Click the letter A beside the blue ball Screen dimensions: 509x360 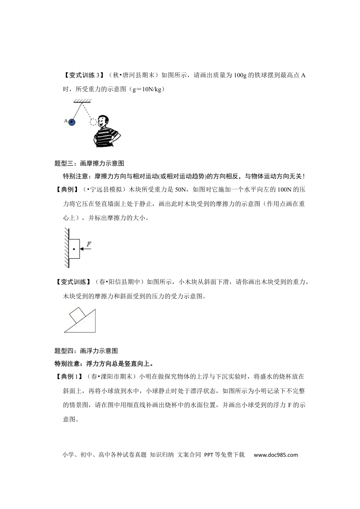66,121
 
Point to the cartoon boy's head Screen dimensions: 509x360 103,122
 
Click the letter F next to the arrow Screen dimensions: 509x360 89,244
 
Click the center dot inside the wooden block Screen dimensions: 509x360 74,249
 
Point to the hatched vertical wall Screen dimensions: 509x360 66,248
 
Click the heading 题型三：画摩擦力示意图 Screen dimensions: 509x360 89,164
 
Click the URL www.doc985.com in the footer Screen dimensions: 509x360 276,455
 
